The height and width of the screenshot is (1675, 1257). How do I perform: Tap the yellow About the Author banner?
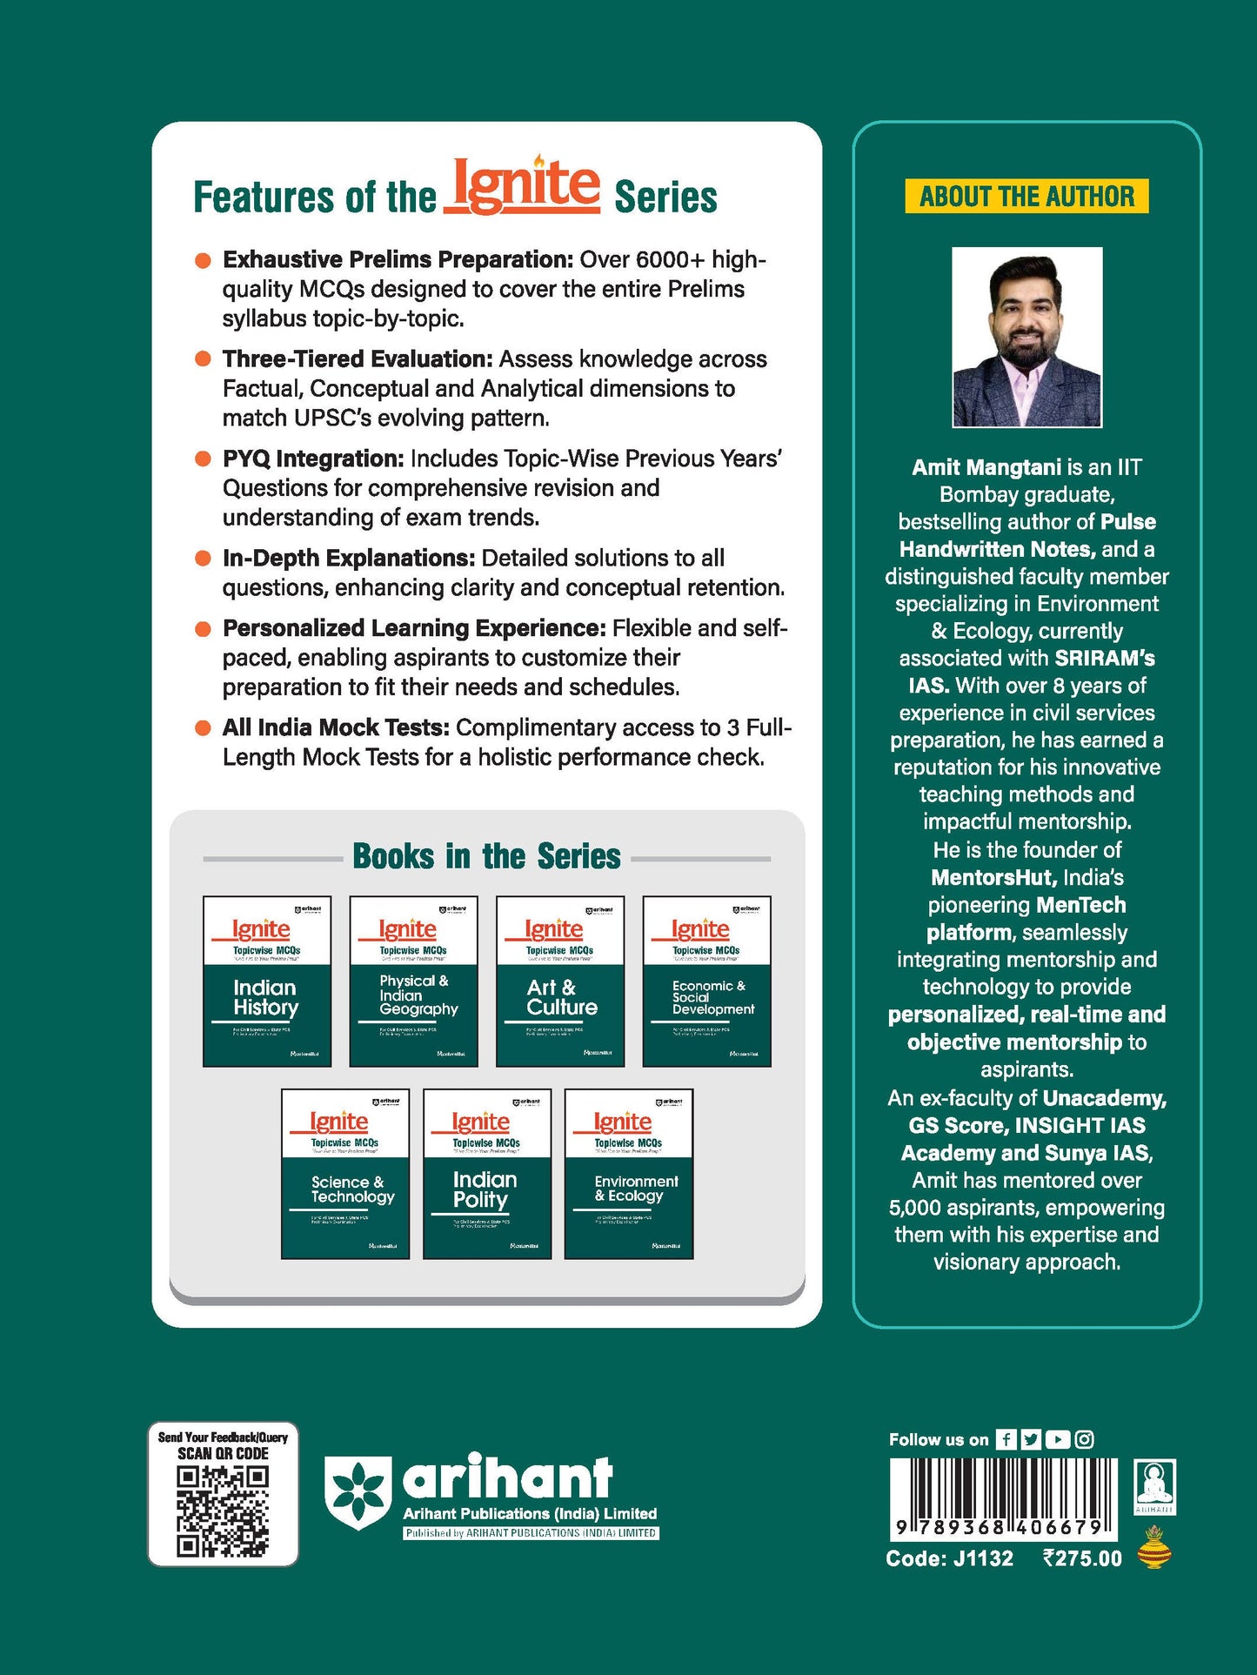(1026, 197)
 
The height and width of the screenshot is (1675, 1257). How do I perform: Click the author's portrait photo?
(1026, 338)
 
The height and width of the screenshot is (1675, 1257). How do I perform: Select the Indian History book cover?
(267, 982)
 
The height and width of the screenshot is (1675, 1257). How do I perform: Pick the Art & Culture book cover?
(560, 982)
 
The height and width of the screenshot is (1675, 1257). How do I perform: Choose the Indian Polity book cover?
(487, 1174)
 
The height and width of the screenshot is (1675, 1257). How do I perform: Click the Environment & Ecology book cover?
(629, 1174)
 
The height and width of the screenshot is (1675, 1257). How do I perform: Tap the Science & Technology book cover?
(345, 1174)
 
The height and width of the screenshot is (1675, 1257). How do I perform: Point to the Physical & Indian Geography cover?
(413, 982)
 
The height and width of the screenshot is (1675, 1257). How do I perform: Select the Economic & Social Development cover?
(706, 982)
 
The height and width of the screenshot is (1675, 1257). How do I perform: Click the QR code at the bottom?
(223, 1511)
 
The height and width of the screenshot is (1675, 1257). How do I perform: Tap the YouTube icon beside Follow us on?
(1058, 1439)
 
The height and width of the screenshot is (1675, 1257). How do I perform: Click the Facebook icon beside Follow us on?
(1006, 1439)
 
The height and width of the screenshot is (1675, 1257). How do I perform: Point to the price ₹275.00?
(1082, 1558)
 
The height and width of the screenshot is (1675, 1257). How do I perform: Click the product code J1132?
(983, 1558)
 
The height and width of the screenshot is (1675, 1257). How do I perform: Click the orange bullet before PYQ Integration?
(203, 459)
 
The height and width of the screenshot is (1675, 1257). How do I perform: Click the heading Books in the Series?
(486, 857)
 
